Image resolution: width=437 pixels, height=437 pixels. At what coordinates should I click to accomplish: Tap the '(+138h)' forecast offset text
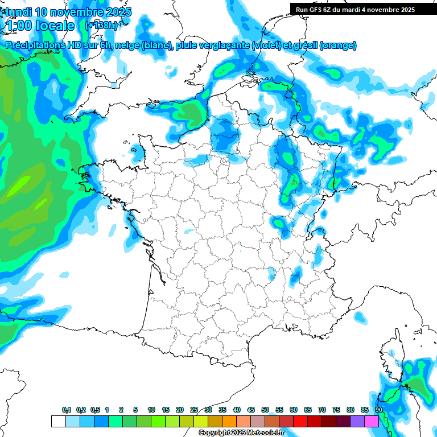[x=101, y=25]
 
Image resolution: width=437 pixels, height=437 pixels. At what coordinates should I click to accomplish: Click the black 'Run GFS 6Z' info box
[x=355, y=9]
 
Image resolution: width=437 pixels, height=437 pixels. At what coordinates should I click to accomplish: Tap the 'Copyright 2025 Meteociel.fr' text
[x=241, y=432]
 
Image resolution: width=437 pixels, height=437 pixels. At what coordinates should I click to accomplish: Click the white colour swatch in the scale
[x=58, y=421]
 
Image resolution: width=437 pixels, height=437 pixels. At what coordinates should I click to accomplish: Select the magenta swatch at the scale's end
[x=372, y=421]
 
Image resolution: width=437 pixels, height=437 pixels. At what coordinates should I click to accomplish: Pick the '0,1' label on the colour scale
[x=67, y=410]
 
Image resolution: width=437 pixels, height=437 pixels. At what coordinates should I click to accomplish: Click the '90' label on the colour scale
[x=378, y=410]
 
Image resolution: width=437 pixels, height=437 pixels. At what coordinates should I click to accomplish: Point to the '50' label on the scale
[x=265, y=410]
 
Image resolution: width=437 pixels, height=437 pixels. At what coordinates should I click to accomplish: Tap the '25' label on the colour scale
[x=194, y=410]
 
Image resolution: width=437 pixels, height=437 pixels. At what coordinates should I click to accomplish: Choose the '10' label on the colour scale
[x=151, y=410]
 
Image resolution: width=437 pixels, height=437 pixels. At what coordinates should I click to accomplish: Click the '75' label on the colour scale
[x=336, y=410]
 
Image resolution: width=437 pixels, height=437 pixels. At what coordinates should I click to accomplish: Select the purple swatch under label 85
[x=357, y=421]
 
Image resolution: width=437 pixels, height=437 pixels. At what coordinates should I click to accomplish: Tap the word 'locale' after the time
[x=55, y=26]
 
